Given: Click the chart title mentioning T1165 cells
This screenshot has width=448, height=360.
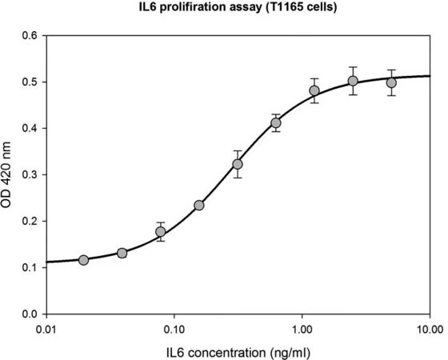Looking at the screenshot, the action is click(x=238, y=7).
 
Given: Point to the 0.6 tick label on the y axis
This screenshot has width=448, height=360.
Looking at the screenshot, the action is click(x=30, y=36).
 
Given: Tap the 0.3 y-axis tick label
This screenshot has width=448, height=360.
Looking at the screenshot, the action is click(x=30, y=174).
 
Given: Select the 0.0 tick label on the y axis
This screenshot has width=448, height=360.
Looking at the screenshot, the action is click(x=30, y=314).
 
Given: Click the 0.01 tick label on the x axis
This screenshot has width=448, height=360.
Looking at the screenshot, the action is click(x=46, y=330).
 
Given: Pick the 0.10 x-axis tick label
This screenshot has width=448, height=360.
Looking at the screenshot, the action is click(x=174, y=330).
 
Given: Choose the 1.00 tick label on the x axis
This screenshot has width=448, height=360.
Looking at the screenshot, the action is click(x=302, y=330).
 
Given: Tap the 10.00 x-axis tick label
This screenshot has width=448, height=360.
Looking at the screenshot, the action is click(x=430, y=330).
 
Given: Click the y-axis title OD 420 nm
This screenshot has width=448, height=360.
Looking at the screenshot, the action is click(x=6, y=174).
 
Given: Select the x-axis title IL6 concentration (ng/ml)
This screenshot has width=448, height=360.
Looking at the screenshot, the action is click(x=238, y=352).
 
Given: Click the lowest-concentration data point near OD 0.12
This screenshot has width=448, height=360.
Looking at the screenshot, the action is click(x=83, y=260).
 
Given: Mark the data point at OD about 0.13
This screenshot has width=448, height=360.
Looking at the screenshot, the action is click(x=122, y=253).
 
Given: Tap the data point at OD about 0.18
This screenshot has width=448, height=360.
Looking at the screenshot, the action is click(x=161, y=231).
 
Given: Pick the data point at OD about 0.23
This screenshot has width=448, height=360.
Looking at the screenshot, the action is click(x=199, y=206).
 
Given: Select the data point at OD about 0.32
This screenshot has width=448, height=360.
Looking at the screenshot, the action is click(x=238, y=164).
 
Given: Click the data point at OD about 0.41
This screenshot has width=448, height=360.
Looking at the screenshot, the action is click(x=276, y=123).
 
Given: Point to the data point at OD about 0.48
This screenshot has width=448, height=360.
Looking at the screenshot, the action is click(x=314, y=91).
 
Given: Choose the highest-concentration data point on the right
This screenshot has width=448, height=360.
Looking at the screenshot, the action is click(x=391, y=83).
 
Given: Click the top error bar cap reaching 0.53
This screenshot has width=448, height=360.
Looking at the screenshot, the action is click(x=353, y=67).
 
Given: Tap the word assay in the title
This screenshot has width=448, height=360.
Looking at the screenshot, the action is click(x=244, y=8).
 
